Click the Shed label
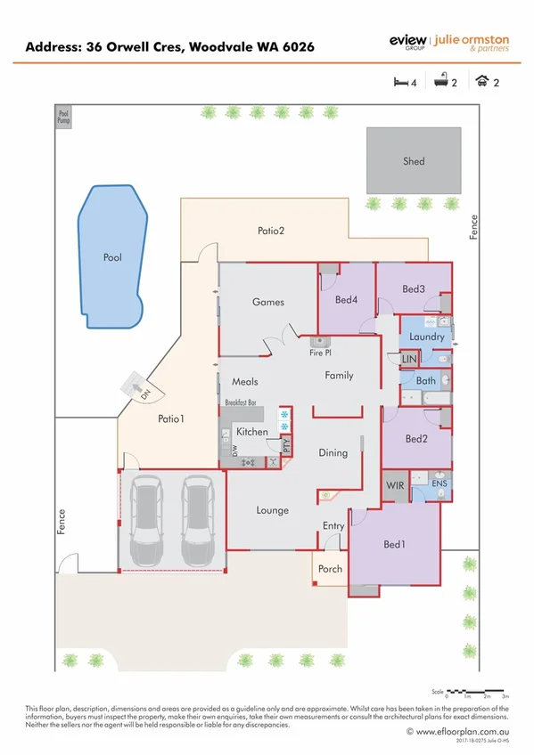coord(414,161)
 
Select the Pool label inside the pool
coord(111,257)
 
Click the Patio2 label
coord(271,231)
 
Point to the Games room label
coord(267,302)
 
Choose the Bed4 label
coord(347,300)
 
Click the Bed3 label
coord(413,288)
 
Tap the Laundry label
coord(426,337)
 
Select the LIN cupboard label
coord(409,359)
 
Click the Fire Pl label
coord(321,353)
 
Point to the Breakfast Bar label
coord(241,403)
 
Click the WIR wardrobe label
coord(394,486)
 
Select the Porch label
coord(329,569)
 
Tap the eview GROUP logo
coord(407,42)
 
